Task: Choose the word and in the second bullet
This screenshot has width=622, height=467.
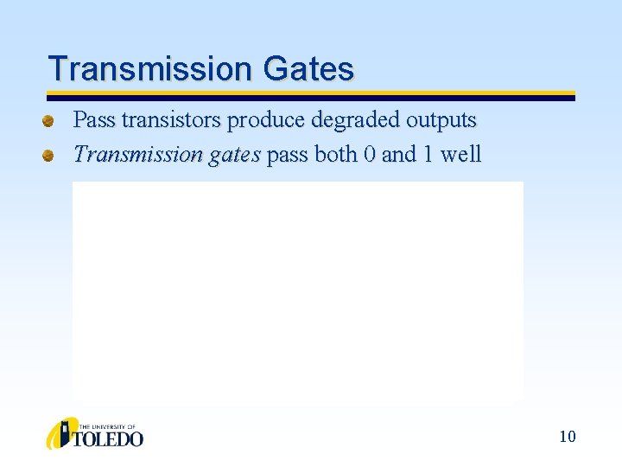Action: (x=399, y=155)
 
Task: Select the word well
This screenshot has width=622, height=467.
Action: (x=461, y=155)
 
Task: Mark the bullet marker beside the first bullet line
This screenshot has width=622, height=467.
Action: (x=51, y=120)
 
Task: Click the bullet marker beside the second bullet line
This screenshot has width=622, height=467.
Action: (x=51, y=156)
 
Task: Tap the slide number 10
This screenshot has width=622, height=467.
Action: (x=567, y=437)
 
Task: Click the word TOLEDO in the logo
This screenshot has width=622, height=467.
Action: (x=111, y=439)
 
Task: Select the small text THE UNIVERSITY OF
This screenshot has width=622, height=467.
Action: (x=107, y=426)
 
